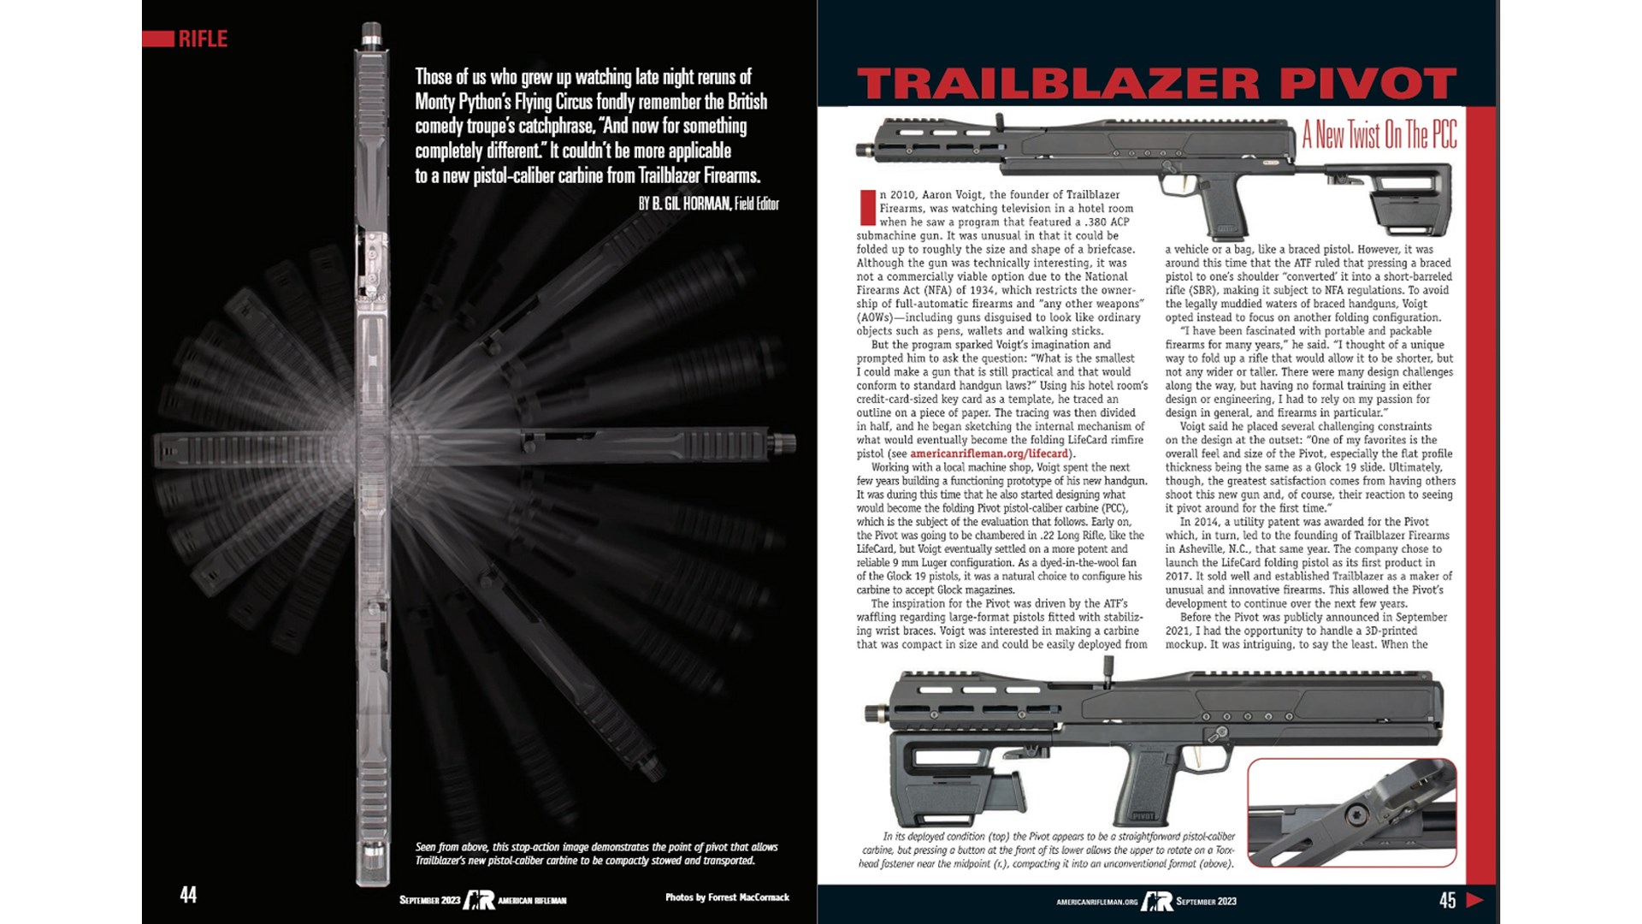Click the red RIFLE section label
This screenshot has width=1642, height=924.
click(x=202, y=38)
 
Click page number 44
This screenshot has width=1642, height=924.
click(x=188, y=895)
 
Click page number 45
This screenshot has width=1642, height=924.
click(x=1447, y=899)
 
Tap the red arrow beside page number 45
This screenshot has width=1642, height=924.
click(x=1474, y=899)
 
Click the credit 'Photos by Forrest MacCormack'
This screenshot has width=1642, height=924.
click(x=727, y=897)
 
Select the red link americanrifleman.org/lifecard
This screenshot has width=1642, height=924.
click(x=989, y=453)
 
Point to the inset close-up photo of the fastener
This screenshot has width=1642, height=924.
click(x=1351, y=813)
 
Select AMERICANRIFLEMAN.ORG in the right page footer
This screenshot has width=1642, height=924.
click(x=1097, y=902)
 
